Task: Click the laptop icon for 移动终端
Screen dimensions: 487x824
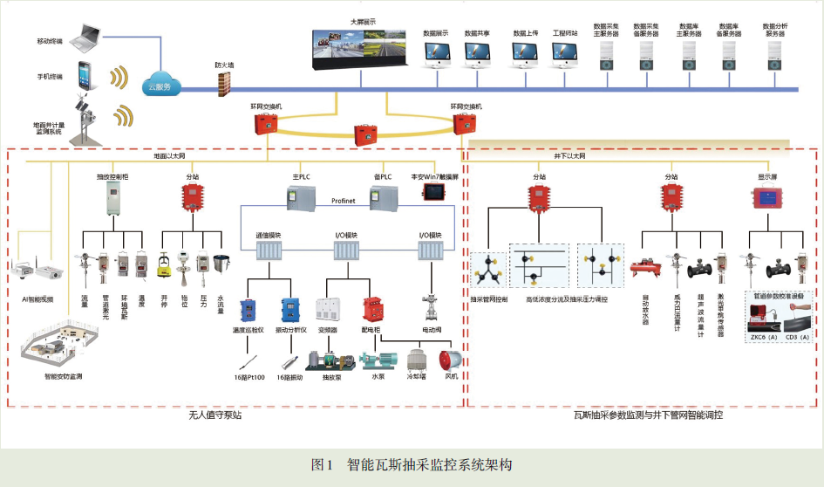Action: (91, 37)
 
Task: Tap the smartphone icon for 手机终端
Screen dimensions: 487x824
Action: (85, 73)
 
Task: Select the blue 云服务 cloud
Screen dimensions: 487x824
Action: (160, 86)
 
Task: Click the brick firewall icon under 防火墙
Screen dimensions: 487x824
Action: (226, 81)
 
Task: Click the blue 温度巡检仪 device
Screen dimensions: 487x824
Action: (248, 310)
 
